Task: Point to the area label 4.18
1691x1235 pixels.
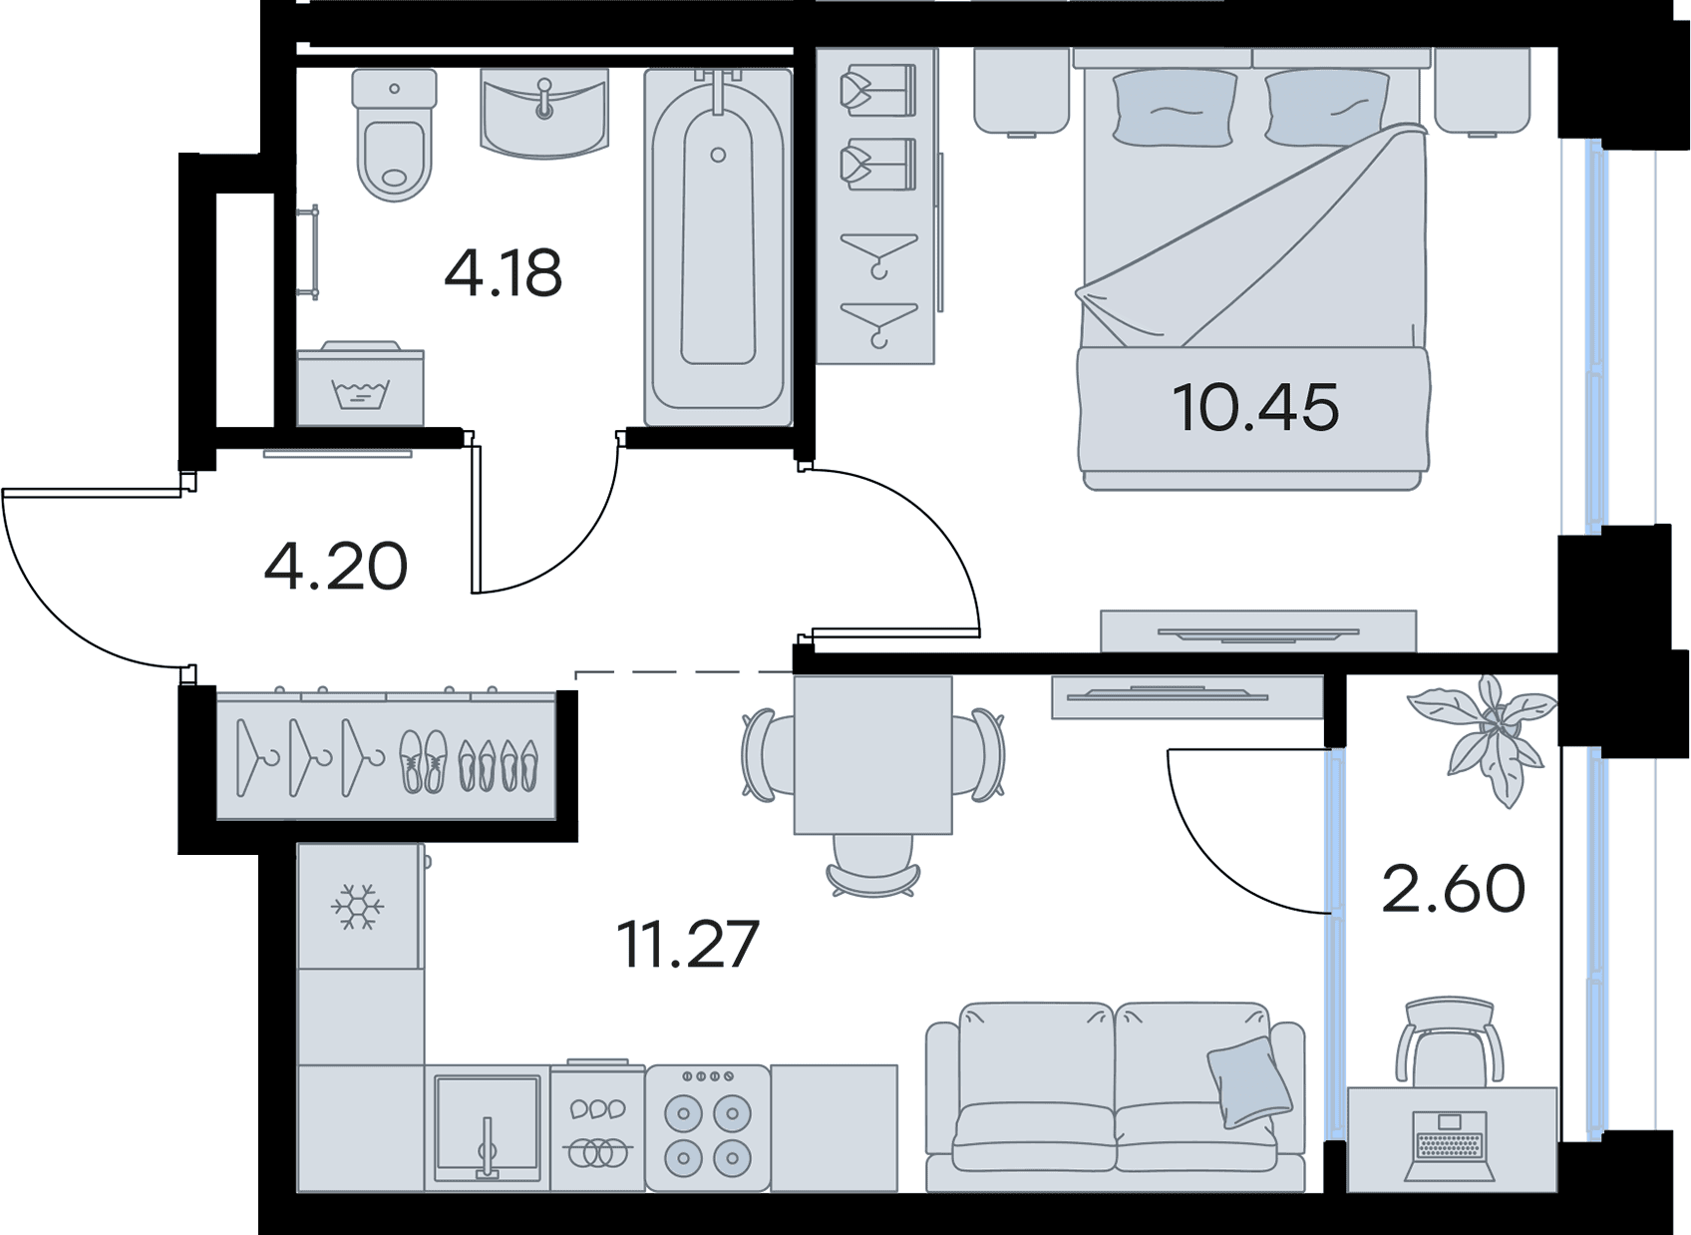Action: [503, 273]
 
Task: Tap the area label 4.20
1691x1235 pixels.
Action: [336, 567]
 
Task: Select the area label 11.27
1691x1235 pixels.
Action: [688, 945]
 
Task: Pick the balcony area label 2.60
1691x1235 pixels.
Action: [1453, 889]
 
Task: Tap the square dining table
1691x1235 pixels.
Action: [873, 755]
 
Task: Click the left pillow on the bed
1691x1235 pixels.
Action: [1175, 109]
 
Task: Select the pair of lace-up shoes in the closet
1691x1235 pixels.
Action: [423, 761]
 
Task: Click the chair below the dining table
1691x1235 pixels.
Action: [872, 867]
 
